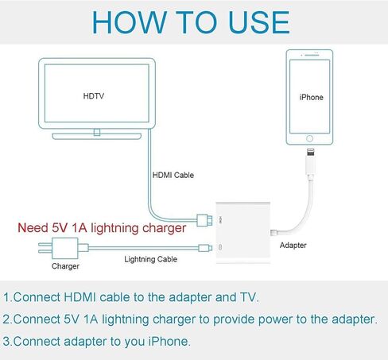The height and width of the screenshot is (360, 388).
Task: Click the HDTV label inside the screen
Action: click(94, 96)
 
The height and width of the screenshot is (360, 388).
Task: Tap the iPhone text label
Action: click(311, 97)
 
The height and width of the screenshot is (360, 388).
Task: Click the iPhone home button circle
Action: click(309, 138)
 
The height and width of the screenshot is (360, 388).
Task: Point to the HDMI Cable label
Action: click(173, 175)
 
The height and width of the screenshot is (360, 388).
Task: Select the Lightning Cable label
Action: click(151, 259)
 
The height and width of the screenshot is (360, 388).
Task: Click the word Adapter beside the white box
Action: click(293, 246)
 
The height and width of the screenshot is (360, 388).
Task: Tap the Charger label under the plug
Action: click(65, 266)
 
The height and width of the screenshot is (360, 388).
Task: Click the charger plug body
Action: click(65, 248)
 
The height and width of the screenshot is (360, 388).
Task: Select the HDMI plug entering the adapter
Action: click(204, 220)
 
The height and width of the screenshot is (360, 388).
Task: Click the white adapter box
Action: click(243, 233)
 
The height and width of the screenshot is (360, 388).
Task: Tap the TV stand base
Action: click(97, 137)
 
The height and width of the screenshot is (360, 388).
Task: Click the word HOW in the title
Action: click(130, 22)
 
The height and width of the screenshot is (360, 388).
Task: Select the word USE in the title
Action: click(258, 22)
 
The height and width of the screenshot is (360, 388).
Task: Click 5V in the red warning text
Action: click(60, 228)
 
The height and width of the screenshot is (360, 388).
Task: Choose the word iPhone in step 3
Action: click(168, 341)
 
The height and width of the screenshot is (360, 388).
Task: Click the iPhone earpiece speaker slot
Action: click(312, 55)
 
